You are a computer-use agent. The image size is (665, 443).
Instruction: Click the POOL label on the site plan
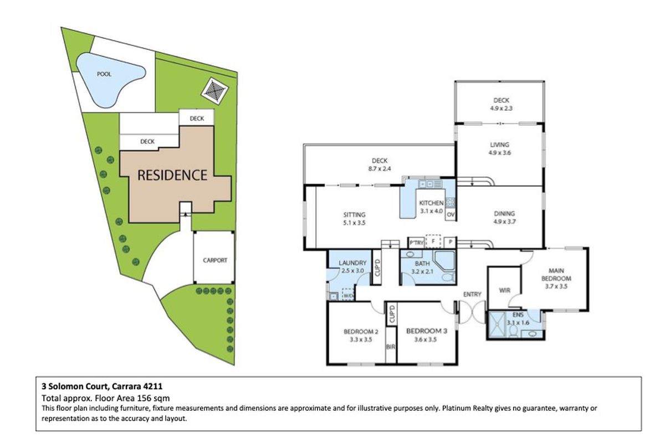click(104, 74)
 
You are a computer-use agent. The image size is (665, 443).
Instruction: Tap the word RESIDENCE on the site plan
click(172, 176)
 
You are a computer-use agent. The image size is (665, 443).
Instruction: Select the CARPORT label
click(214, 260)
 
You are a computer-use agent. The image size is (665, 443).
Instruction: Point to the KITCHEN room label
click(431, 203)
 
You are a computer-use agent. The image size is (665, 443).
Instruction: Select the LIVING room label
click(499, 145)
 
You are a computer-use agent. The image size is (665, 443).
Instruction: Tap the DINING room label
click(505, 213)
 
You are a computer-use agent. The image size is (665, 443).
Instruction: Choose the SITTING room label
click(355, 215)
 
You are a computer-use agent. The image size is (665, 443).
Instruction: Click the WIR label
click(504, 290)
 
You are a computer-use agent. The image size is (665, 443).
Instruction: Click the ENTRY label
click(472, 294)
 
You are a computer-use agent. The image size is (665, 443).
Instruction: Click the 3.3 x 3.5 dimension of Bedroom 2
click(360, 340)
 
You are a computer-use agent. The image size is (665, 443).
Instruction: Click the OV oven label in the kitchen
click(451, 214)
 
